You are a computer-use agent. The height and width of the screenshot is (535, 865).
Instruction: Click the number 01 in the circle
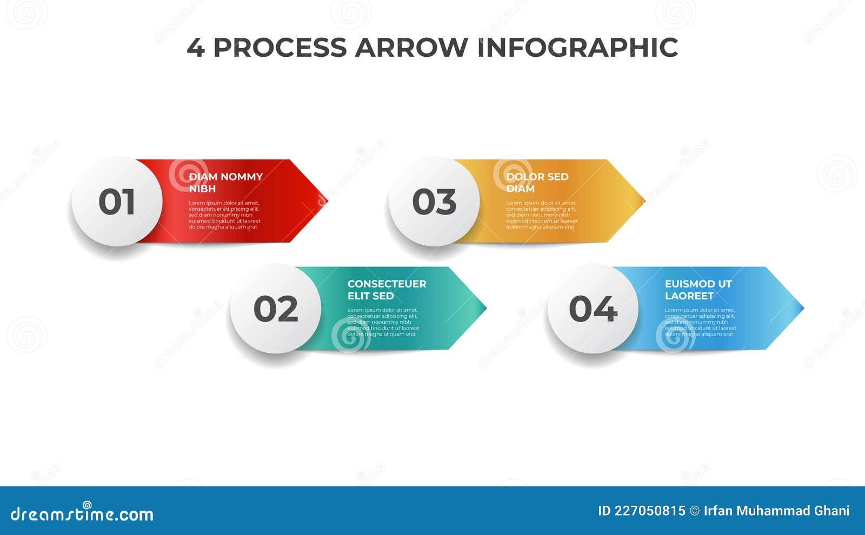(117, 202)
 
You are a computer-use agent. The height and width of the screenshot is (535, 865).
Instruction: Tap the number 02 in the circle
(276, 309)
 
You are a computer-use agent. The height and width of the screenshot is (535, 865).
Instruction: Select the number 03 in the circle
(434, 202)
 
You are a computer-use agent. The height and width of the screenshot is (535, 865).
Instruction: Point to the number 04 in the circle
(593, 309)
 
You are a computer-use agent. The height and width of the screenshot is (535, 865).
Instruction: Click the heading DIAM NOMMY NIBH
(225, 183)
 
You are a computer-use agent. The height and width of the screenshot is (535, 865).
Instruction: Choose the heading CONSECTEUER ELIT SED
(387, 290)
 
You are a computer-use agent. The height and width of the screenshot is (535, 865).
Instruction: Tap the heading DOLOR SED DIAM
(537, 183)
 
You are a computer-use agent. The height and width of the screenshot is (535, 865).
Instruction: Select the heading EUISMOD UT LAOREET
(698, 290)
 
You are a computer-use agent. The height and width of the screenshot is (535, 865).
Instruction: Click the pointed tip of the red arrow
(326, 202)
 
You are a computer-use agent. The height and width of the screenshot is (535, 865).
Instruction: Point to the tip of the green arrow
(485, 309)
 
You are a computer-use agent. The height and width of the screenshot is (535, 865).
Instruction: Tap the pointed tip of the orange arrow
(643, 202)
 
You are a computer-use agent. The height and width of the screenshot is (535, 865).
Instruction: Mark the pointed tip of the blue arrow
(802, 309)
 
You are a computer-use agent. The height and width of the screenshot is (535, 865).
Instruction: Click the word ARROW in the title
(411, 48)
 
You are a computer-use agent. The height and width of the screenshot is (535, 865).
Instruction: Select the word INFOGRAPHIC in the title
(577, 48)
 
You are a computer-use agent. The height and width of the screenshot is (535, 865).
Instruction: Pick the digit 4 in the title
(195, 48)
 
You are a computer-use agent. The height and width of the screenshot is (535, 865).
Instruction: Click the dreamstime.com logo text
(82, 513)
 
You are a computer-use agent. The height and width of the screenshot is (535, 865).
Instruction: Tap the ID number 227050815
(650, 511)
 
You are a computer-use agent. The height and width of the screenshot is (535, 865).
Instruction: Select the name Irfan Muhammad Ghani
(776, 511)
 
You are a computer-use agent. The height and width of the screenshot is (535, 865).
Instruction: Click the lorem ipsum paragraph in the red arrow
(224, 215)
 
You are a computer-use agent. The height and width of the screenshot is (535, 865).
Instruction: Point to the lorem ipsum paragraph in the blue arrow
(700, 322)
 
